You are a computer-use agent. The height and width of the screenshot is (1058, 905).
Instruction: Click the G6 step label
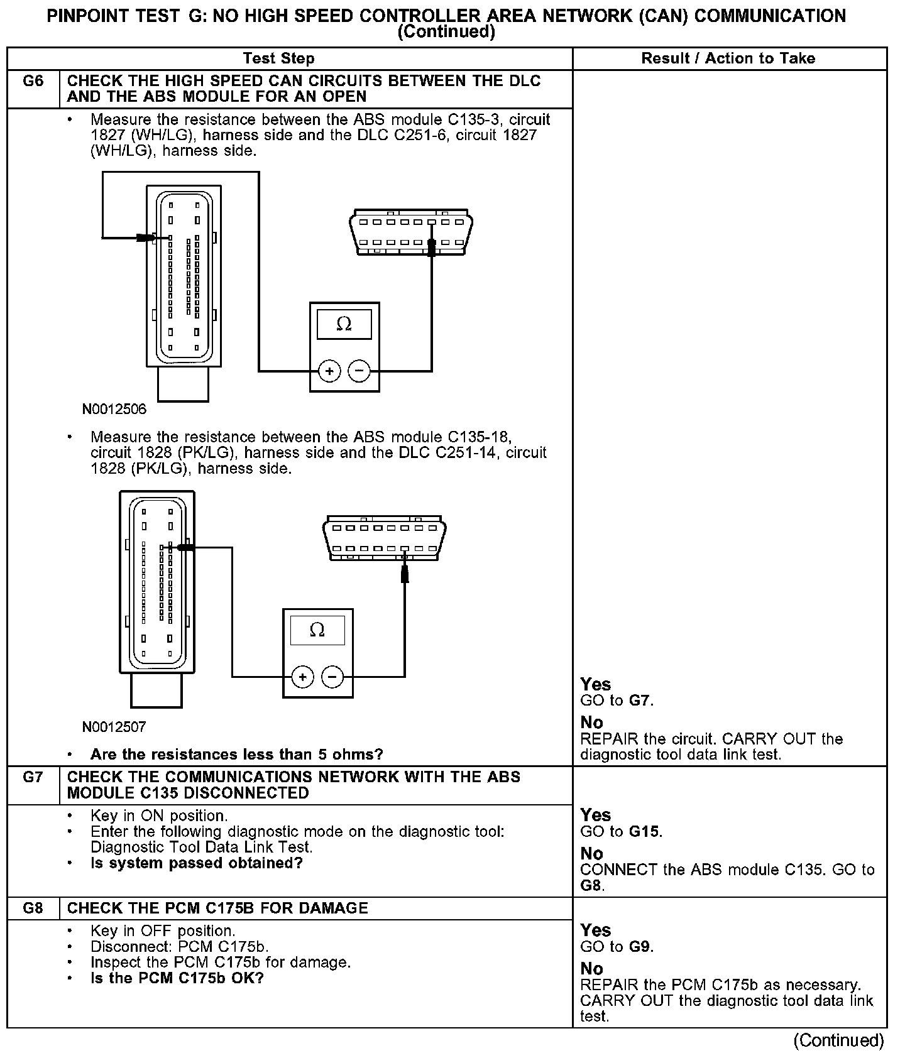click(x=33, y=81)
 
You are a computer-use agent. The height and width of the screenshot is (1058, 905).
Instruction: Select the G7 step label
click(x=33, y=777)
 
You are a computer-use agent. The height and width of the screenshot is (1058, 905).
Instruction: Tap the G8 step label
click(x=33, y=908)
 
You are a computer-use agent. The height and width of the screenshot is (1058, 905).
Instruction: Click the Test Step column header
click(x=278, y=58)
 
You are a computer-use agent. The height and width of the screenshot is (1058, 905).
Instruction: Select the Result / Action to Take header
click(x=728, y=58)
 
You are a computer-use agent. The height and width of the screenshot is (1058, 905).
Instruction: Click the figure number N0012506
click(x=114, y=410)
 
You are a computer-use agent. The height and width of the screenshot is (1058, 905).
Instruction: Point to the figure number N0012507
click(x=114, y=727)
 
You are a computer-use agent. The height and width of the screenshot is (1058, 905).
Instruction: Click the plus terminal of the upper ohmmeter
click(x=329, y=371)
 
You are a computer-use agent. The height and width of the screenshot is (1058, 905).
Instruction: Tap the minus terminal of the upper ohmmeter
click(x=359, y=371)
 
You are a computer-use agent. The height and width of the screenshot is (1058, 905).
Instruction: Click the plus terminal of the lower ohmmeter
click(x=303, y=677)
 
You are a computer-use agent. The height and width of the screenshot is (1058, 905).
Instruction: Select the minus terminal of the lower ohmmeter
click(x=332, y=677)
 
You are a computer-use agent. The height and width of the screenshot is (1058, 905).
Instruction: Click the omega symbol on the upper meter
click(x=344, y=324)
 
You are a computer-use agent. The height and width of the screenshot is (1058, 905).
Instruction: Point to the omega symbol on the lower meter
click(x=317, y=630)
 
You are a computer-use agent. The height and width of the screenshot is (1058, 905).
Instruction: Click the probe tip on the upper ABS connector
click(x=147, y=237)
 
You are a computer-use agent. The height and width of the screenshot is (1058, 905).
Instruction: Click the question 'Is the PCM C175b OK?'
click(x=177, y=978)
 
